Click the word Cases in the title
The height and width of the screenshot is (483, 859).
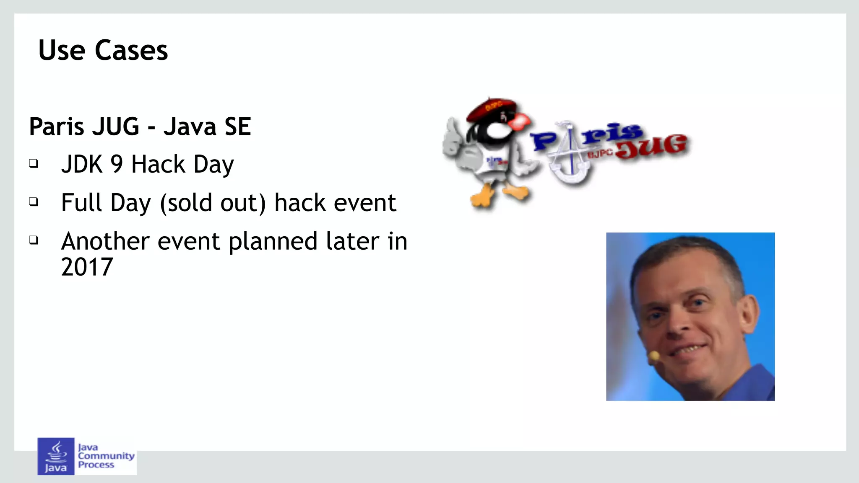[x=131, y=50]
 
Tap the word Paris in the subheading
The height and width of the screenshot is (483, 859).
[x=57, y=127]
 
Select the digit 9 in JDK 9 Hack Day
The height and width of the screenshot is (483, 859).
[x=117, y=164]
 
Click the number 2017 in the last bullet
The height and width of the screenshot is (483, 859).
[x=87, y=267]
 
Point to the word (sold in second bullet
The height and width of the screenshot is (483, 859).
[x=186, y=203]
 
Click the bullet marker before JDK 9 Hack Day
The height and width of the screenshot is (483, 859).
[x=34, y=163]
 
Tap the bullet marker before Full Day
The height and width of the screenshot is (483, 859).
[x=34, y=202]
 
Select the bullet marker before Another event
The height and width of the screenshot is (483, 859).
[x=34, y=240]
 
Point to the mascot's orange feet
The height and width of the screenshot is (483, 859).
[x=499, y=195]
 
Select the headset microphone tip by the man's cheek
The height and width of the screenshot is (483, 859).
[x=653, y=356]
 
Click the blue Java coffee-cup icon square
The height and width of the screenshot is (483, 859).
[x=56, y=456]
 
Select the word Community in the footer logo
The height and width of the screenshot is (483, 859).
[x=106, y=456]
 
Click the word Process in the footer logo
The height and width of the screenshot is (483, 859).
[x=96, y=465]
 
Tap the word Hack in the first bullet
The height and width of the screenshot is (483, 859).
[x=158, y=164]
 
